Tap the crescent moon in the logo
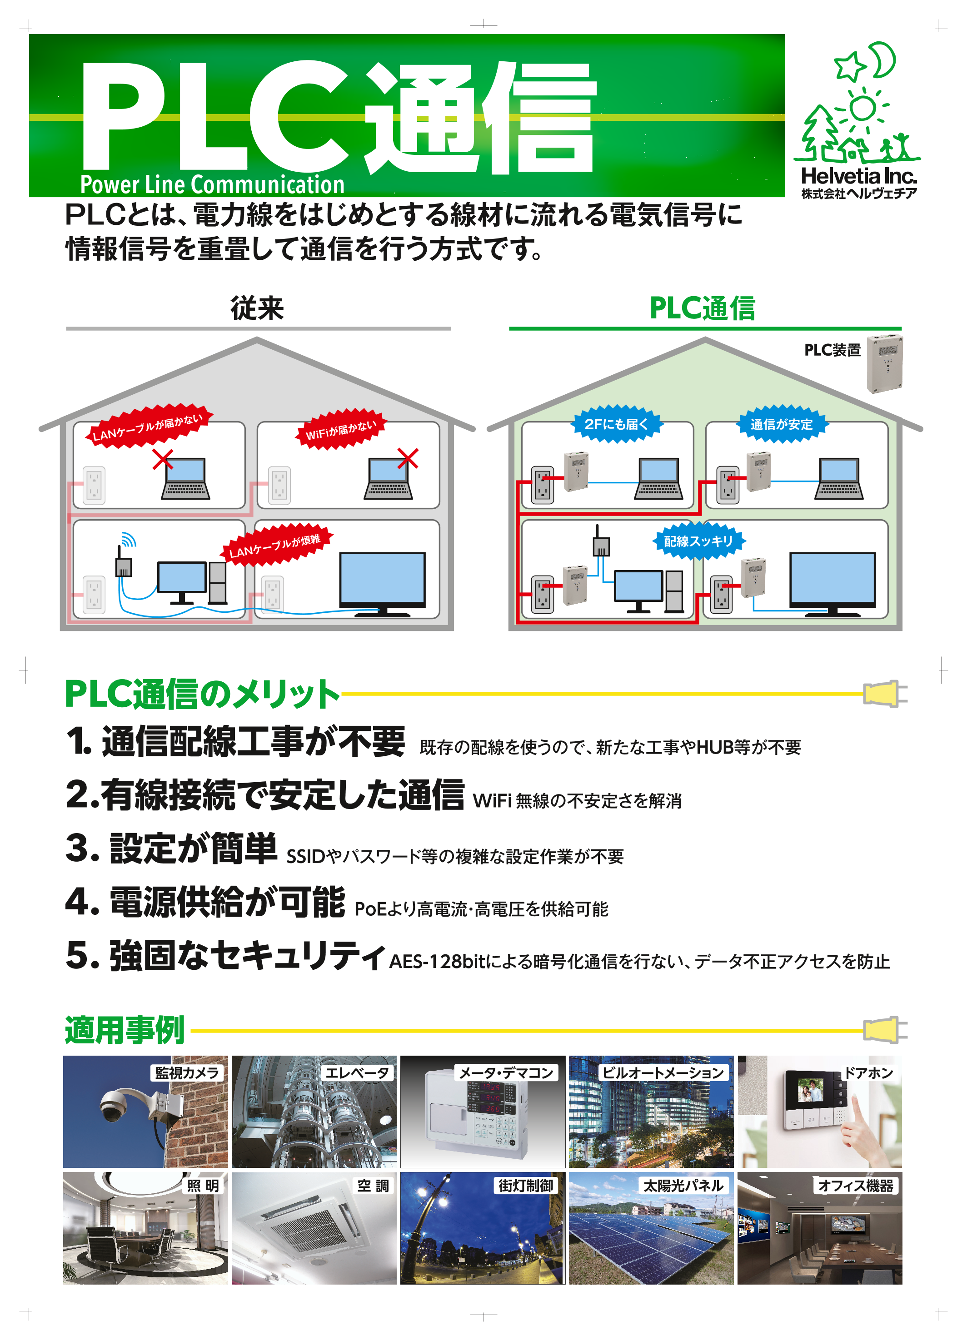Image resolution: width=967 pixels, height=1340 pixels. [884, 60]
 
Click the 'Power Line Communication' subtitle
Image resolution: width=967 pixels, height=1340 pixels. [212, 184]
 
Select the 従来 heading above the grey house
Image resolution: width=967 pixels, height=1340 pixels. [257, 308]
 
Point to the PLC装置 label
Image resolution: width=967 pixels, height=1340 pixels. [832, 350]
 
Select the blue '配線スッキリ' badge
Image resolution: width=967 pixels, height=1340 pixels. [698, 541]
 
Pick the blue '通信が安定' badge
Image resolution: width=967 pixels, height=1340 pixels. [782, 424]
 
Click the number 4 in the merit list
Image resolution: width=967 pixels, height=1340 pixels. [79, 902]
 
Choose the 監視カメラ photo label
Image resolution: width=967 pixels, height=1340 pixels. [187, 1072]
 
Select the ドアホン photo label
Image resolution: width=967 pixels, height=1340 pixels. [868, 1072]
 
